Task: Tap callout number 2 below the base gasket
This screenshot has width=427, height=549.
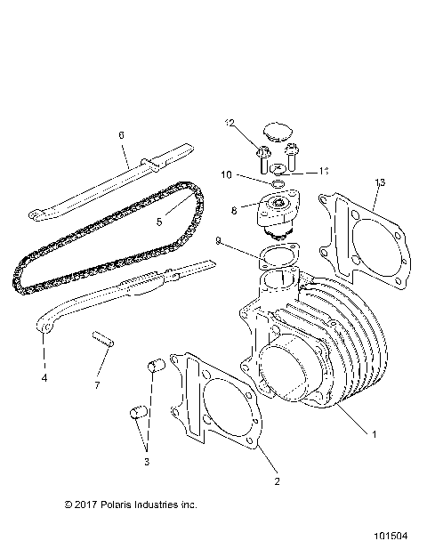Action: [277, 481]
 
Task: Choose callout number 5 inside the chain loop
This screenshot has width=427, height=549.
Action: [160, 222]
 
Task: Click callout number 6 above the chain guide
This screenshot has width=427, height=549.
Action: [121, 136]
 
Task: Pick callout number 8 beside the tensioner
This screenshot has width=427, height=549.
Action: [233, 211]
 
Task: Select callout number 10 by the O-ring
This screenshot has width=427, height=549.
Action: [226, 174]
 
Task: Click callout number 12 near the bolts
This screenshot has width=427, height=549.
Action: [229, 121]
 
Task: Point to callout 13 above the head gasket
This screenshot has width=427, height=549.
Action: [380, 182]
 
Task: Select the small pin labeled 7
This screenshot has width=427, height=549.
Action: [101, 339]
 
